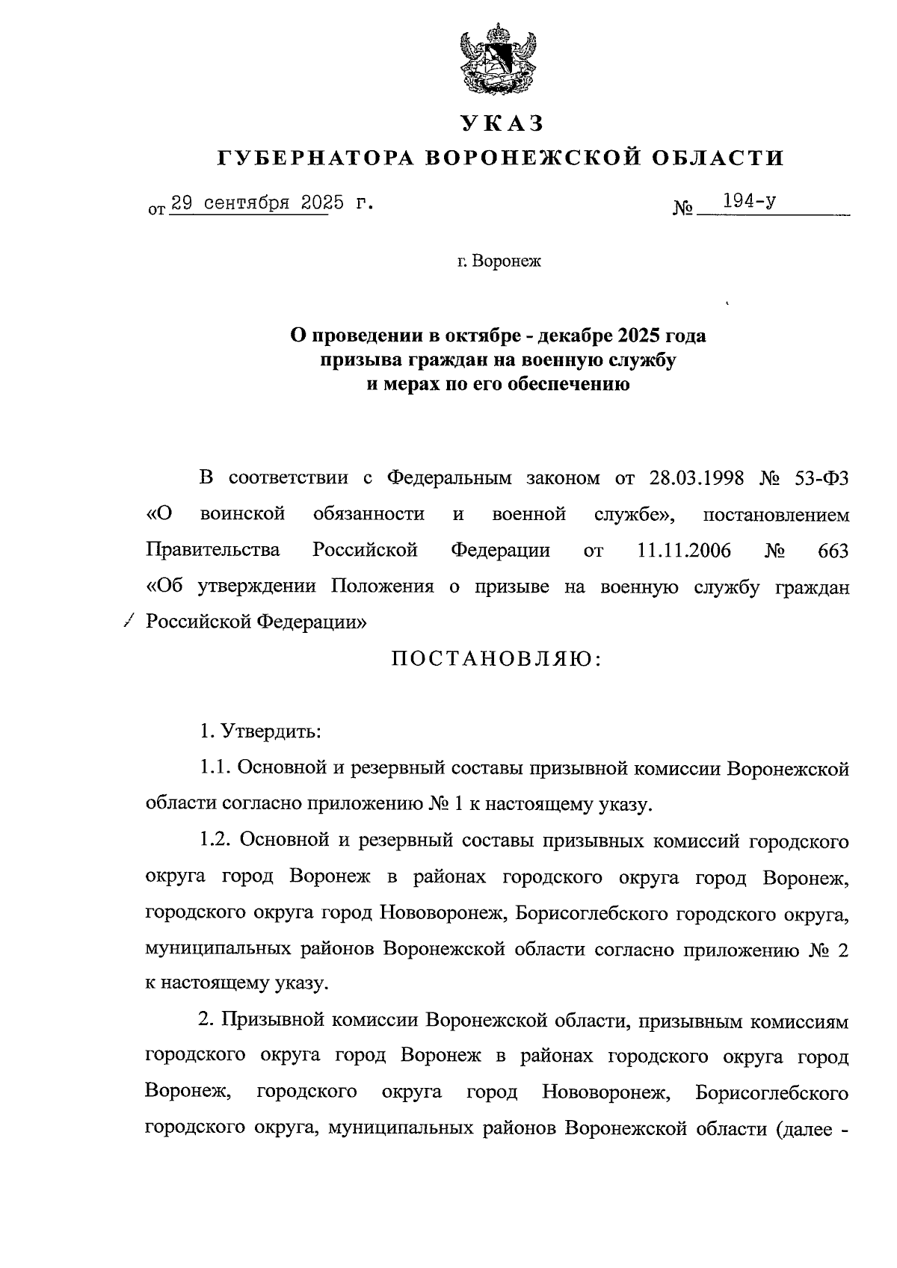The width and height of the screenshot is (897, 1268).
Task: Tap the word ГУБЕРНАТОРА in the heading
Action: (315, 158)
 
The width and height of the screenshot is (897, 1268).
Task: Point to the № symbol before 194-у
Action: (683, 208)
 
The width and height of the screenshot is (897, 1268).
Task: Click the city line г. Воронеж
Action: (499, 262)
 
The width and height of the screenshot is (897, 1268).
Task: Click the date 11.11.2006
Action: (684, 551)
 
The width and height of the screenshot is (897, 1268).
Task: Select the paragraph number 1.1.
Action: (218, 767)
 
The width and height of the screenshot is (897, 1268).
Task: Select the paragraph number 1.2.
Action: (218, 841)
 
